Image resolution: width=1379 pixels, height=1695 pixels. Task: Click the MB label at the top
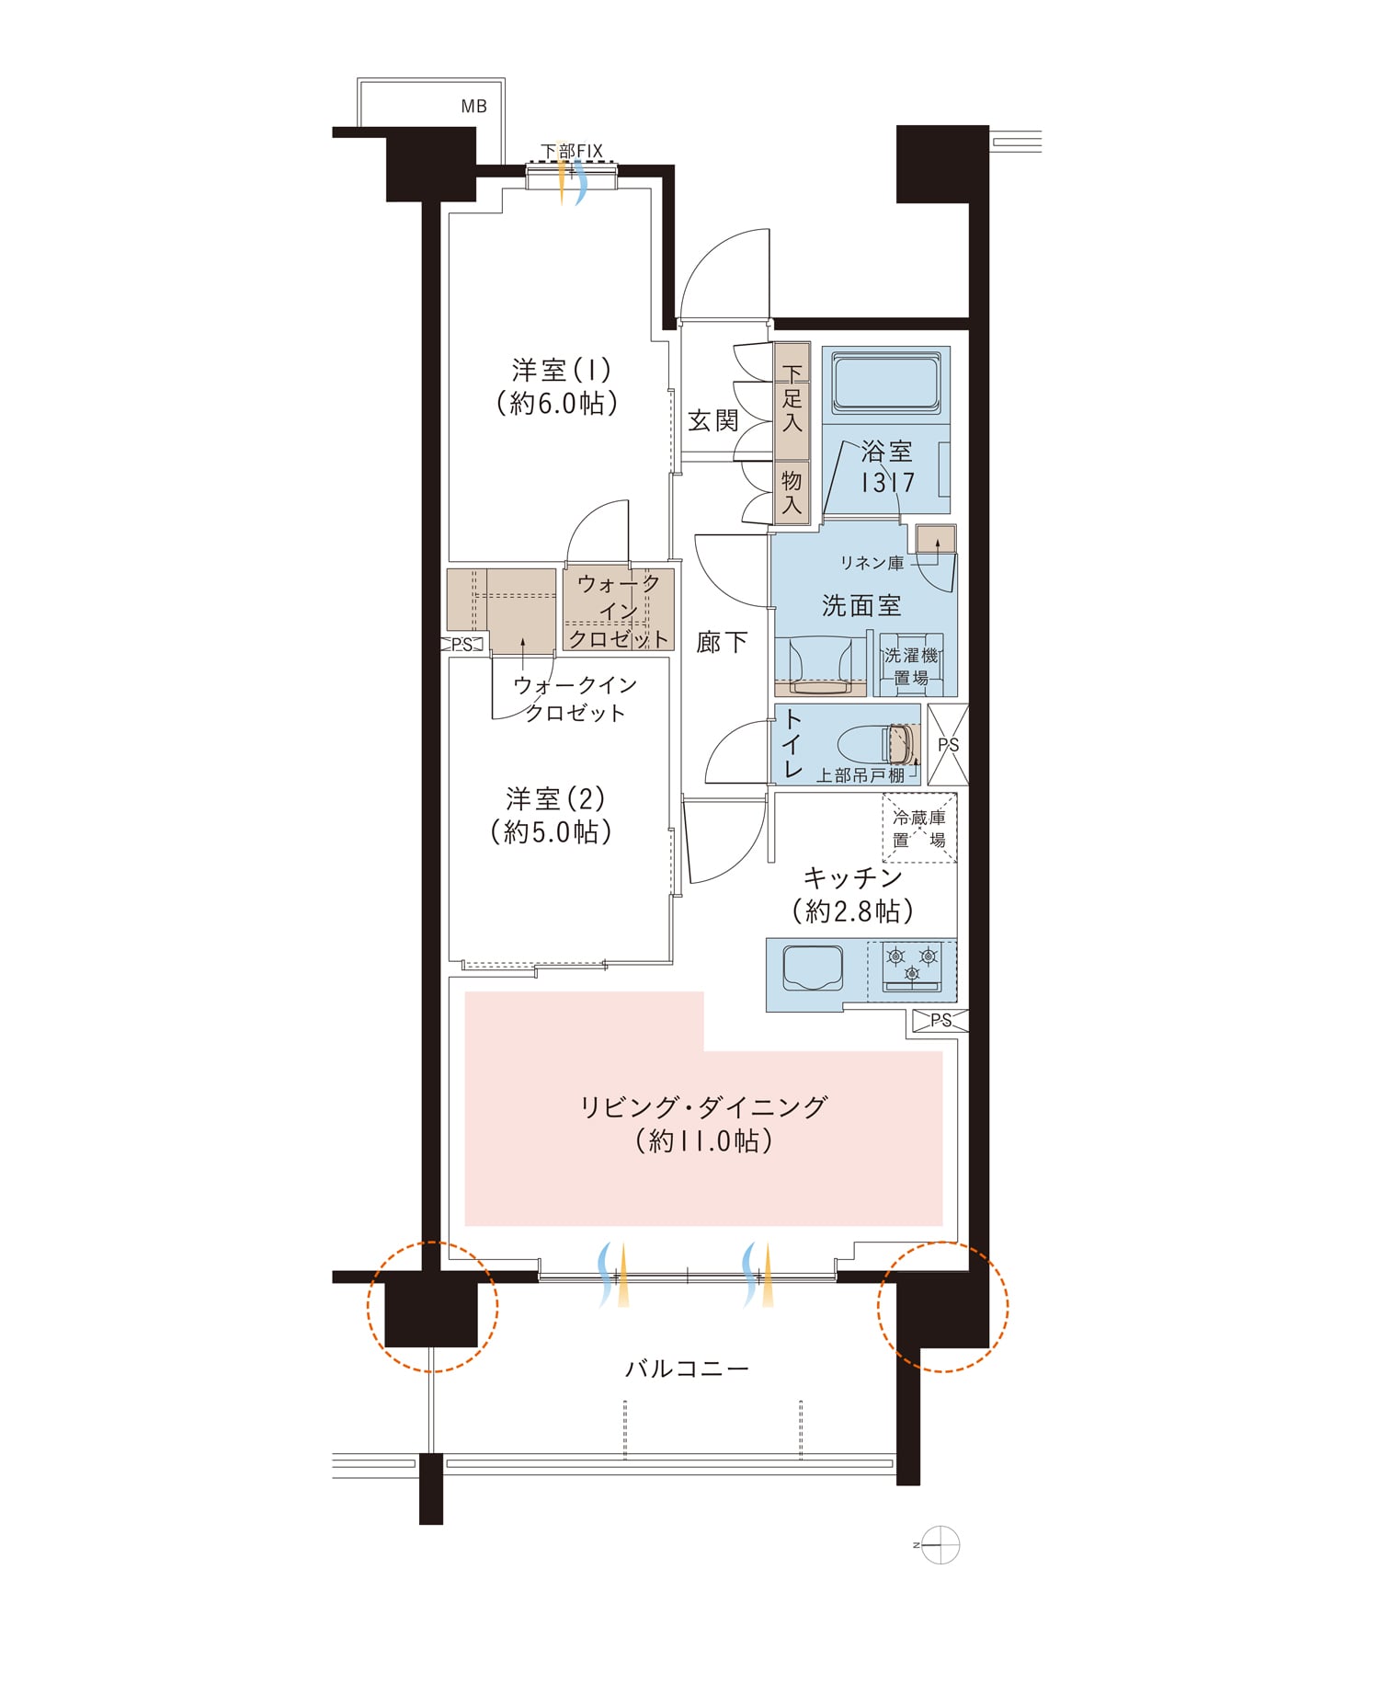[473, 107]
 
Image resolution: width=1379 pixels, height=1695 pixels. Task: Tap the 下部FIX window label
[571, 151]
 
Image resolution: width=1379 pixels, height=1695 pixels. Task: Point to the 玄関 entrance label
[713, 420]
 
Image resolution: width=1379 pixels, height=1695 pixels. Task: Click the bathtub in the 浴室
[886, 385]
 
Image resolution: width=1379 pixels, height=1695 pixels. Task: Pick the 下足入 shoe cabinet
[792, 401]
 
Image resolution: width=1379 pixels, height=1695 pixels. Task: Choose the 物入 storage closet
[792, 492]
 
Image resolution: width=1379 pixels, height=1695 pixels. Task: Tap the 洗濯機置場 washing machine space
[911, 664]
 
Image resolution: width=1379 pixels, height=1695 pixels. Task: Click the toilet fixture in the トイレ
[879, 745]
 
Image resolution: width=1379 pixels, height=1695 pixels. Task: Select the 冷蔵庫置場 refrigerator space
[919, 828]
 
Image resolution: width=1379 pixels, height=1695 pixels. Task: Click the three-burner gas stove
[912, 967]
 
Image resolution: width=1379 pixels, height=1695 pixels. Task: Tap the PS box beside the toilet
[948, 745]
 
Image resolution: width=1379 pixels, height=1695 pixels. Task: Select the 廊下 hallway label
[722, 642]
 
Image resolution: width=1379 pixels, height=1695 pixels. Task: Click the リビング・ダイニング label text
[704, 1106]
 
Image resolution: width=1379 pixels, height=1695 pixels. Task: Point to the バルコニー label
[687, 1369]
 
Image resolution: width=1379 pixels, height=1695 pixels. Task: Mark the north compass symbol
[940, 1545]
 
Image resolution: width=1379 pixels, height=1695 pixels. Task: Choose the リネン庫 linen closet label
[872, 563]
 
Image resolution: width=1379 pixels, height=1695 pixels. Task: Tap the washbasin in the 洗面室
[820, 662]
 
